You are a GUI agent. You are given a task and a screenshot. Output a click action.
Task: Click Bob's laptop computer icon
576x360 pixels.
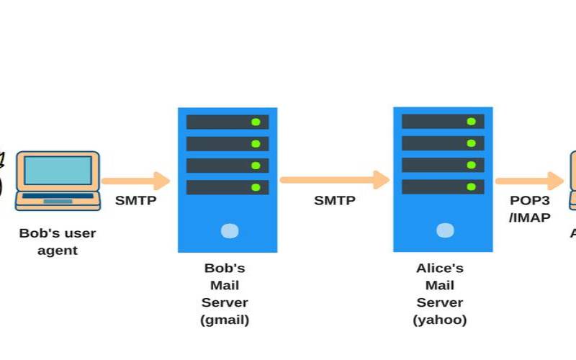coord(58,180)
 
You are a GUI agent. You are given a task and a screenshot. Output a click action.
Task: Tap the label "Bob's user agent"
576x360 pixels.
coord(58,242)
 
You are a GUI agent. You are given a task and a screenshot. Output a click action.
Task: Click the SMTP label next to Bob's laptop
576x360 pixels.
coord(135,201)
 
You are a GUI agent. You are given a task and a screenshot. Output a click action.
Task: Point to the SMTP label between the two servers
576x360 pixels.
coord(335,201)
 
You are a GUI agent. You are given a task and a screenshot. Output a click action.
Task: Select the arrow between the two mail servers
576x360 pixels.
coord(335,179)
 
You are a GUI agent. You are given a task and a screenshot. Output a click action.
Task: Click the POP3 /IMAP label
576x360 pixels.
coord(530,208)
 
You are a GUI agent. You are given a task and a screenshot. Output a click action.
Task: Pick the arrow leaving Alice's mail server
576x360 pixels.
coord(528,181)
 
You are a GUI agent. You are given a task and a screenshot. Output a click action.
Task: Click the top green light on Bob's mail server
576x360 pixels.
coord(256,122)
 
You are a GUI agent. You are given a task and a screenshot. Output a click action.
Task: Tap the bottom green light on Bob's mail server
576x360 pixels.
coord(256,187)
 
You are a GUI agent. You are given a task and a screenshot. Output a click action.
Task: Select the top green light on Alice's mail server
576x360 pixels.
coord(471,122)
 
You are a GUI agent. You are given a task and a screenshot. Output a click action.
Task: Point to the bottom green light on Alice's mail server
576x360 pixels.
coord(471,187)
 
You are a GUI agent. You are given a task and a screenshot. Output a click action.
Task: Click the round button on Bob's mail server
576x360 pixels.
coord(229,230)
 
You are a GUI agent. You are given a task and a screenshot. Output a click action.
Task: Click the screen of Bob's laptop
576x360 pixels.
coord(58,171)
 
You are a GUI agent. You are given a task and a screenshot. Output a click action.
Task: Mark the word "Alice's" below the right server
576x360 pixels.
coord(440,269)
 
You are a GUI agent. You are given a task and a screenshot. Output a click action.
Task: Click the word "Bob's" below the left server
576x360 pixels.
coord(225,269)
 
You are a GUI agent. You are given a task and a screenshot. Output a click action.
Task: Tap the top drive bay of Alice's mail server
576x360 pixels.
coord(443,122)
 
